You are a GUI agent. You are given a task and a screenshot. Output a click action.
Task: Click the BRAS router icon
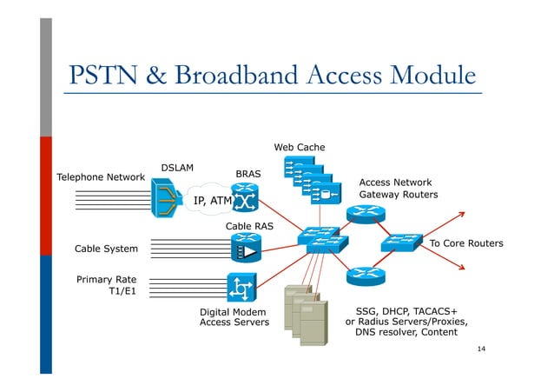pyautogui.click(x=245, y=201)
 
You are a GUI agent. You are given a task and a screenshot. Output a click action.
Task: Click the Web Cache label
pyautogui.click(x=300, y=147)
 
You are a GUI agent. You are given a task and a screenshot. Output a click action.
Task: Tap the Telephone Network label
pyautogui.click(x=100, y=177)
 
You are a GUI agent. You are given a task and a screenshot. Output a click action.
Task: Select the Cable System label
pyautogui.click(x=106, y=249)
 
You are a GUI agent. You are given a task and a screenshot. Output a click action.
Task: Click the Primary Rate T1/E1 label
pyautogui.click(x=112, y=286)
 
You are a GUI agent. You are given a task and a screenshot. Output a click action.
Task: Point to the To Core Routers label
pyautogui.click(x=466, y=243)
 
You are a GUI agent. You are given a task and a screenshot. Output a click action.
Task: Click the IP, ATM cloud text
pyautogui.click(x=212, y=201)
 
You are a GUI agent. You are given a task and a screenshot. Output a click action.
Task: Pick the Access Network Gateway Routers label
pyautogui.click(x=399, y=189)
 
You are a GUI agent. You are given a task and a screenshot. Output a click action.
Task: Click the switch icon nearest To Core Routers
pyautogui.click(x=400, y=243)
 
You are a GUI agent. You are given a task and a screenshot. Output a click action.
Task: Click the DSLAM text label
pyautogui.click(x=177, y=167)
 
